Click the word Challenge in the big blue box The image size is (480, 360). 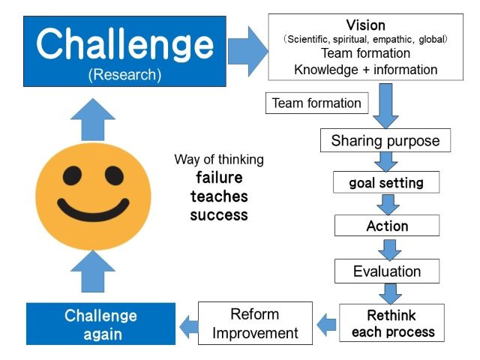pos(124,43)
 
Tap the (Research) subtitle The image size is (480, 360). pos(124,75)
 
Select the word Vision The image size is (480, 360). pos(365,25)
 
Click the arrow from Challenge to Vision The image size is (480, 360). pos(248,52)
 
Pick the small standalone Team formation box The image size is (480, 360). pos(316,103)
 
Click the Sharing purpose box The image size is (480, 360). pos(385,140)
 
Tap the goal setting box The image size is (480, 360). pos(386,182)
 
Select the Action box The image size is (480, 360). pos(387,226)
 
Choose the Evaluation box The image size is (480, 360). pos(387,271)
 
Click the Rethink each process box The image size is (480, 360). pos(391,323)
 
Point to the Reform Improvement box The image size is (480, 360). pos(255,323)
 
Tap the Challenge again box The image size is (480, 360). pos(100,324)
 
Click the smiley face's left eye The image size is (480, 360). pos(72,175)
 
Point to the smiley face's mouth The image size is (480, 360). pos(93,211)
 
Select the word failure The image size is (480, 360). pos(219,178)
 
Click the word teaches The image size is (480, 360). pos(219,196)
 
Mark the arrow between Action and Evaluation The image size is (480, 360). pos(389,250)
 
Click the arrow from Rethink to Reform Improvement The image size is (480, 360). pos(326,324)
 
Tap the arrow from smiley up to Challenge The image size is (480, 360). pos(93,120)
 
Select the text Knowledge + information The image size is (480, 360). pos(365,70)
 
